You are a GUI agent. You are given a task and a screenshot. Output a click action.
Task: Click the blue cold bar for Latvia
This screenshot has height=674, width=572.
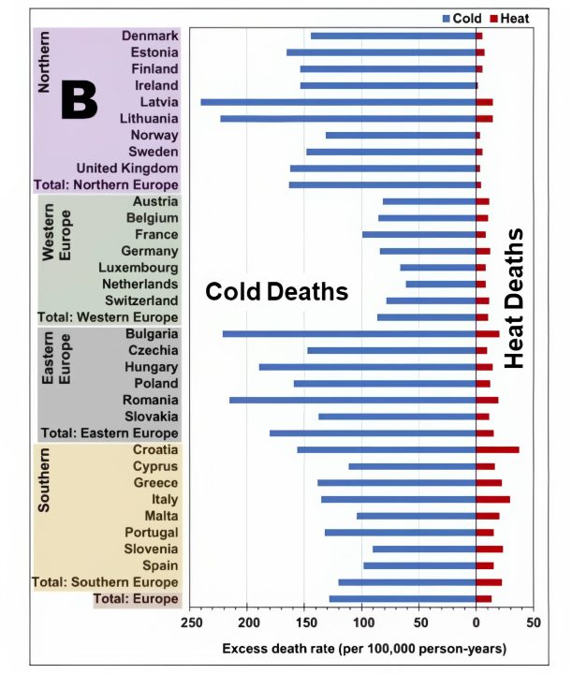(x=338, y=102)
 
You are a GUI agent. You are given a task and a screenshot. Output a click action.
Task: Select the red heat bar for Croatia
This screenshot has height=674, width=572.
(x=497, y=450)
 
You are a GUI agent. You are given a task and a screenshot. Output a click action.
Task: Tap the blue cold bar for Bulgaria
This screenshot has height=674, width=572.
(x=349, y=333)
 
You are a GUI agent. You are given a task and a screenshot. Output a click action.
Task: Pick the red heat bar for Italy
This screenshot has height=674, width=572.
(x=492, y=499)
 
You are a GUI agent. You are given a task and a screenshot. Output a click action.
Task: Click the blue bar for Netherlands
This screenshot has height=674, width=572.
(x=440, y=284)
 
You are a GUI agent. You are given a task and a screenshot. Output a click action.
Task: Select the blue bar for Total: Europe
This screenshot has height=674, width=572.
(x=403, y=598)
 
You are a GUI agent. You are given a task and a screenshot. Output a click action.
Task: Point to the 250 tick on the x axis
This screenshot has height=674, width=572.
(x=191, y=623)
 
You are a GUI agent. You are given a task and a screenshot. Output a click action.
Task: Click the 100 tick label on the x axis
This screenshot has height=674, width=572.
(x=362, y=623)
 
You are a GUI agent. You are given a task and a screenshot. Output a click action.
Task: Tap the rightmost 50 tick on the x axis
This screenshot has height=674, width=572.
(x=533, y=623)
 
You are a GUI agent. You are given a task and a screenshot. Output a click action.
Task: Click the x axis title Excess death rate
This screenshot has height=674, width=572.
(x=364, y=648)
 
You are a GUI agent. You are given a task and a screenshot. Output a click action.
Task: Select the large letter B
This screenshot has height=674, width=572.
(x=79, y=101)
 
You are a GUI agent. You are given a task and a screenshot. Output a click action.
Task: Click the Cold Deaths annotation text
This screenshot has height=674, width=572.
(x=277, y=291)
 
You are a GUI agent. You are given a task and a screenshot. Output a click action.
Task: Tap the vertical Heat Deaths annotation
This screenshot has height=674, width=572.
(x=514, y=298)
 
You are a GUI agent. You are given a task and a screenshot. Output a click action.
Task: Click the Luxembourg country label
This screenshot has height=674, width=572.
(x=138, y=268)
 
